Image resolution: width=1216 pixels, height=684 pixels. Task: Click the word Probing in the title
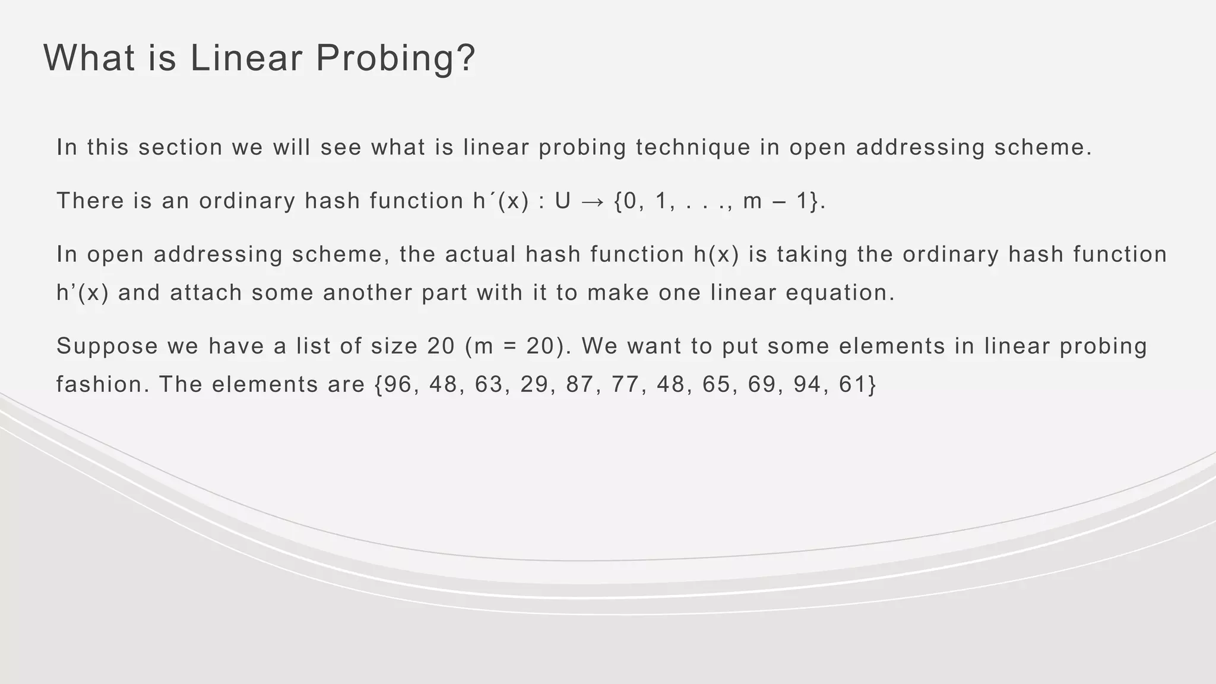(x=395, y=59)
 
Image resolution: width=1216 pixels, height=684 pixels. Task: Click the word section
(x=180, y=147)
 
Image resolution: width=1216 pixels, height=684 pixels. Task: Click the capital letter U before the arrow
(x=562, y=201)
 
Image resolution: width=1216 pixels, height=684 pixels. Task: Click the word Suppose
(x=107, y=346)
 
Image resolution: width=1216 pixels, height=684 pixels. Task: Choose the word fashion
(x=103, y=385)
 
